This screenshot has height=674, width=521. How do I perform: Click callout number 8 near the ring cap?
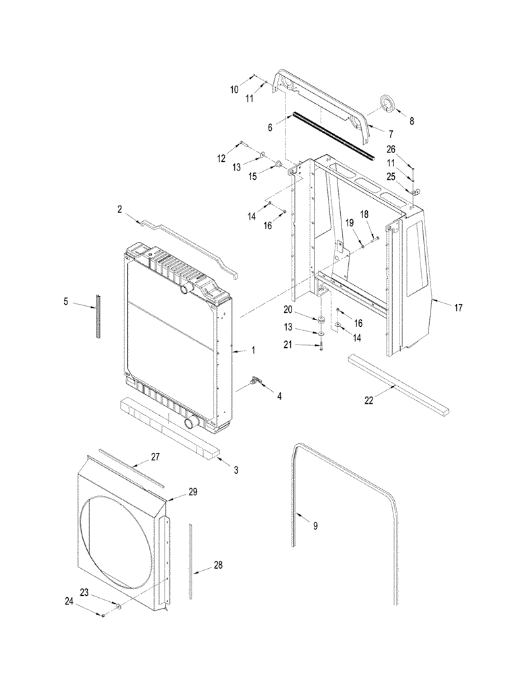(x=412, y=121)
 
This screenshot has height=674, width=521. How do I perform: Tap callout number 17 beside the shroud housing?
(x=458, y=308)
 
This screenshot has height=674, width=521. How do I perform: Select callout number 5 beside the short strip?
(x=66, y=301)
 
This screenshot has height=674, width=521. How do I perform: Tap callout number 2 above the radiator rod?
(x=120, y=210)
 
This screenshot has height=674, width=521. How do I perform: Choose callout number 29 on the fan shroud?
(x=192, y=493)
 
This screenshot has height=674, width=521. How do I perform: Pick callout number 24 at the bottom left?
(x=71, y=603)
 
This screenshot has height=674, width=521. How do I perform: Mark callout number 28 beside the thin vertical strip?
(x=218, y=564)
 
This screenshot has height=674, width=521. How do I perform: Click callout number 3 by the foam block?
(x=236, y=469)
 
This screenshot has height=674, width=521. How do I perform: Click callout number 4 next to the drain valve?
(x=280, y=396)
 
